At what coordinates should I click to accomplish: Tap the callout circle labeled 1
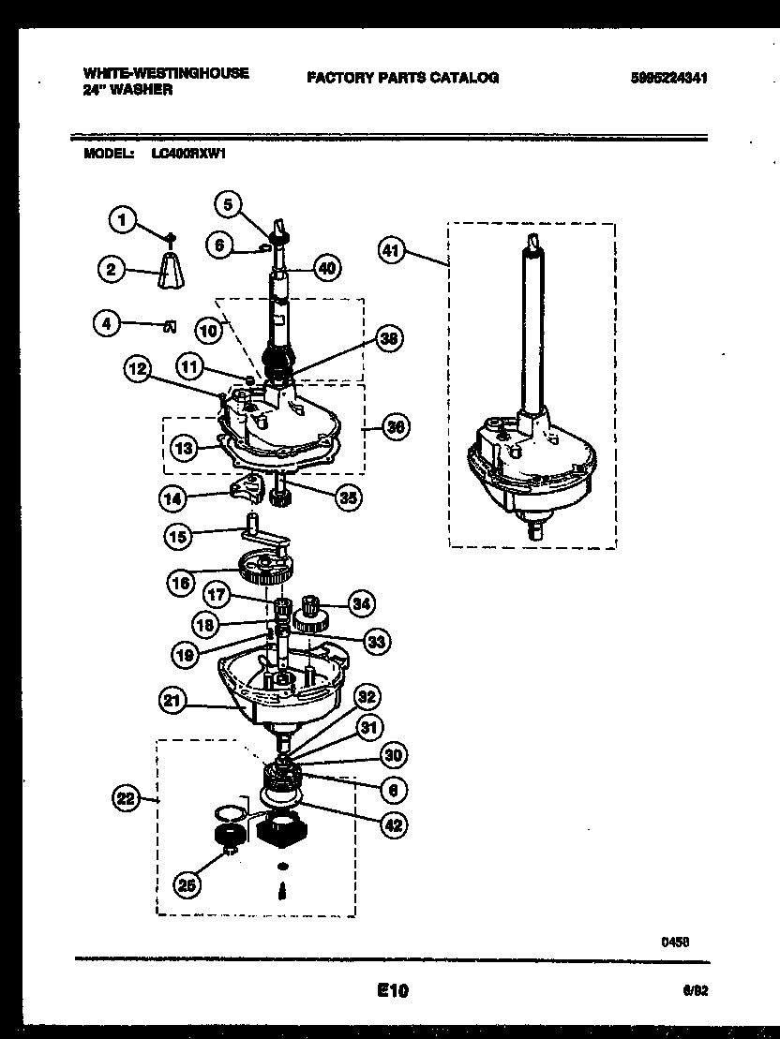click(121, 219)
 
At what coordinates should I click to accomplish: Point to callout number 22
click(126, 798)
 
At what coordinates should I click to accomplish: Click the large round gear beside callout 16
click(268, 567)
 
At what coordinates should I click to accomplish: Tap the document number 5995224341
click(668, 79)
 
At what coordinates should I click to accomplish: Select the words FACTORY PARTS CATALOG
click(402, 78)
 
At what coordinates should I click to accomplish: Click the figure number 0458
click(675, 943)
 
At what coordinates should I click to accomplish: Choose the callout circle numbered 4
click(108, 325)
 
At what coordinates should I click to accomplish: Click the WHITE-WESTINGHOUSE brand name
click(166, 72)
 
